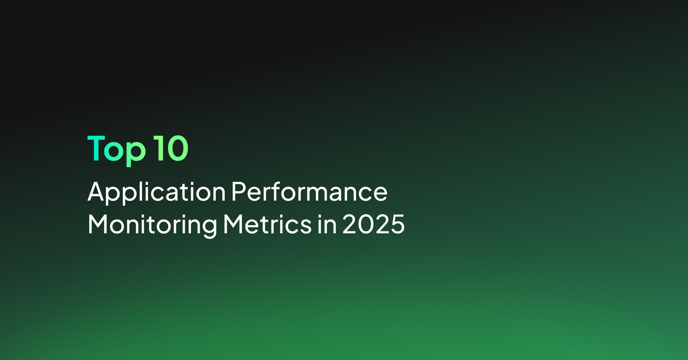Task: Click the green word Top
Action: point(117,151)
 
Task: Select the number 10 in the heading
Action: point(171,148)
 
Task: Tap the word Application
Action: point(157,192)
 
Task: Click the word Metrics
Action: point(267,224)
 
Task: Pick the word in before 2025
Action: point(327,224)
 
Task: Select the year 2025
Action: point(374,224)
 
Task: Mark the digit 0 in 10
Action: point(177,148)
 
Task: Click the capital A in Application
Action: point(95,191)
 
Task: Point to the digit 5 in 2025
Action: point(397,224)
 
